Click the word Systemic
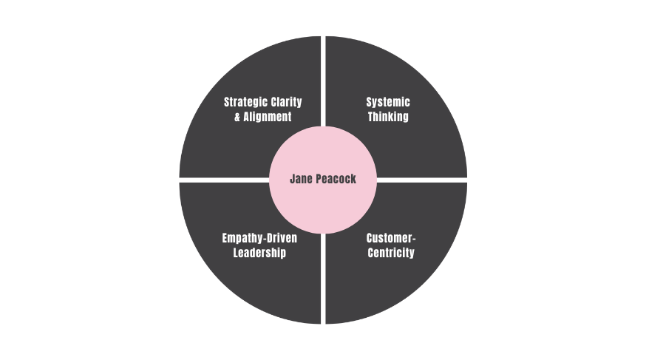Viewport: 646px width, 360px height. pos(388,102)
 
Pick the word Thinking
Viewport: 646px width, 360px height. pos(388,117)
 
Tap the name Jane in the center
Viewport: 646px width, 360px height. pos(303,179)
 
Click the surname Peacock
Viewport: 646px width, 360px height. pos(336,179)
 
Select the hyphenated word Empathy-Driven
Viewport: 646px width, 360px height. pos(259,238)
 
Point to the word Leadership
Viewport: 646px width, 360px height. pos(259,253)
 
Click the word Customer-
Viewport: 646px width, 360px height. pos(391,238)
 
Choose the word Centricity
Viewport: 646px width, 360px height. pos(391,253)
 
